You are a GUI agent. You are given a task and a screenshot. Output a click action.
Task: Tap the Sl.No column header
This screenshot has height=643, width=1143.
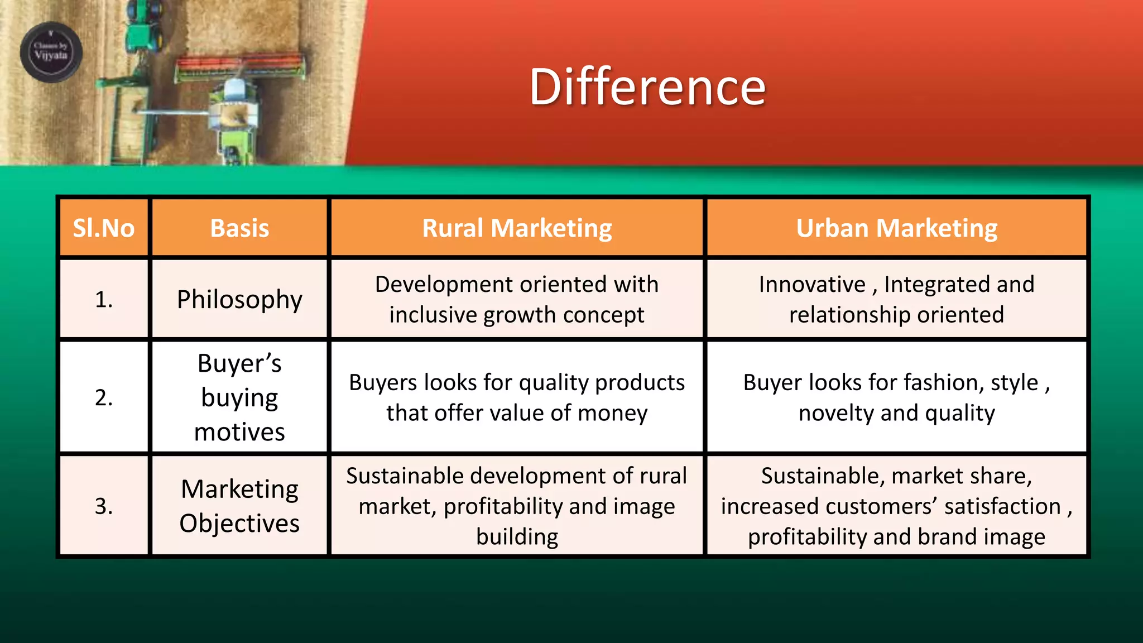(104, 228)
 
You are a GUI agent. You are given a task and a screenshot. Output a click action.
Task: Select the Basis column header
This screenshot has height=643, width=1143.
(239, 228)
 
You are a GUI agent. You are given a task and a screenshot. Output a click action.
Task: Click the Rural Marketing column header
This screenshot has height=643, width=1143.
(517, 228)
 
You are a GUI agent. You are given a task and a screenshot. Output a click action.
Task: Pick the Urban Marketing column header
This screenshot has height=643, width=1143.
(896, 228)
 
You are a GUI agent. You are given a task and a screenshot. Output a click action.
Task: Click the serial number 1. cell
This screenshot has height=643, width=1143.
(104, 300)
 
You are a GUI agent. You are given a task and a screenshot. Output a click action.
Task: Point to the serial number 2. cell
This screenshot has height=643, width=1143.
(104, 397)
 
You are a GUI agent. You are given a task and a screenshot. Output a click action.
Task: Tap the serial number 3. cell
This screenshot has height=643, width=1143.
(104, 506)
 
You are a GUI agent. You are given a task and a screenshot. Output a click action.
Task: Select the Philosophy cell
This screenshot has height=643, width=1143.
(239, 300)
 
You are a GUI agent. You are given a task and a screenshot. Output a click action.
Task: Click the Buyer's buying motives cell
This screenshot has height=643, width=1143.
(239, 397)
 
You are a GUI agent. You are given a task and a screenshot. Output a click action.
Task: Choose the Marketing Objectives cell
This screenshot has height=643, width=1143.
(239, 506)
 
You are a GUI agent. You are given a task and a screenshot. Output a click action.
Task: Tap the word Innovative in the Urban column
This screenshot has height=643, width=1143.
(811, 285)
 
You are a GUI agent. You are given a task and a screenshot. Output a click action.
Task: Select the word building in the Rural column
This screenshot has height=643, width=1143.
(517, 536)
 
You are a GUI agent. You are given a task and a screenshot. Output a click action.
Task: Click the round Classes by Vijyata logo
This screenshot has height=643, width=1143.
(51, 52)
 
